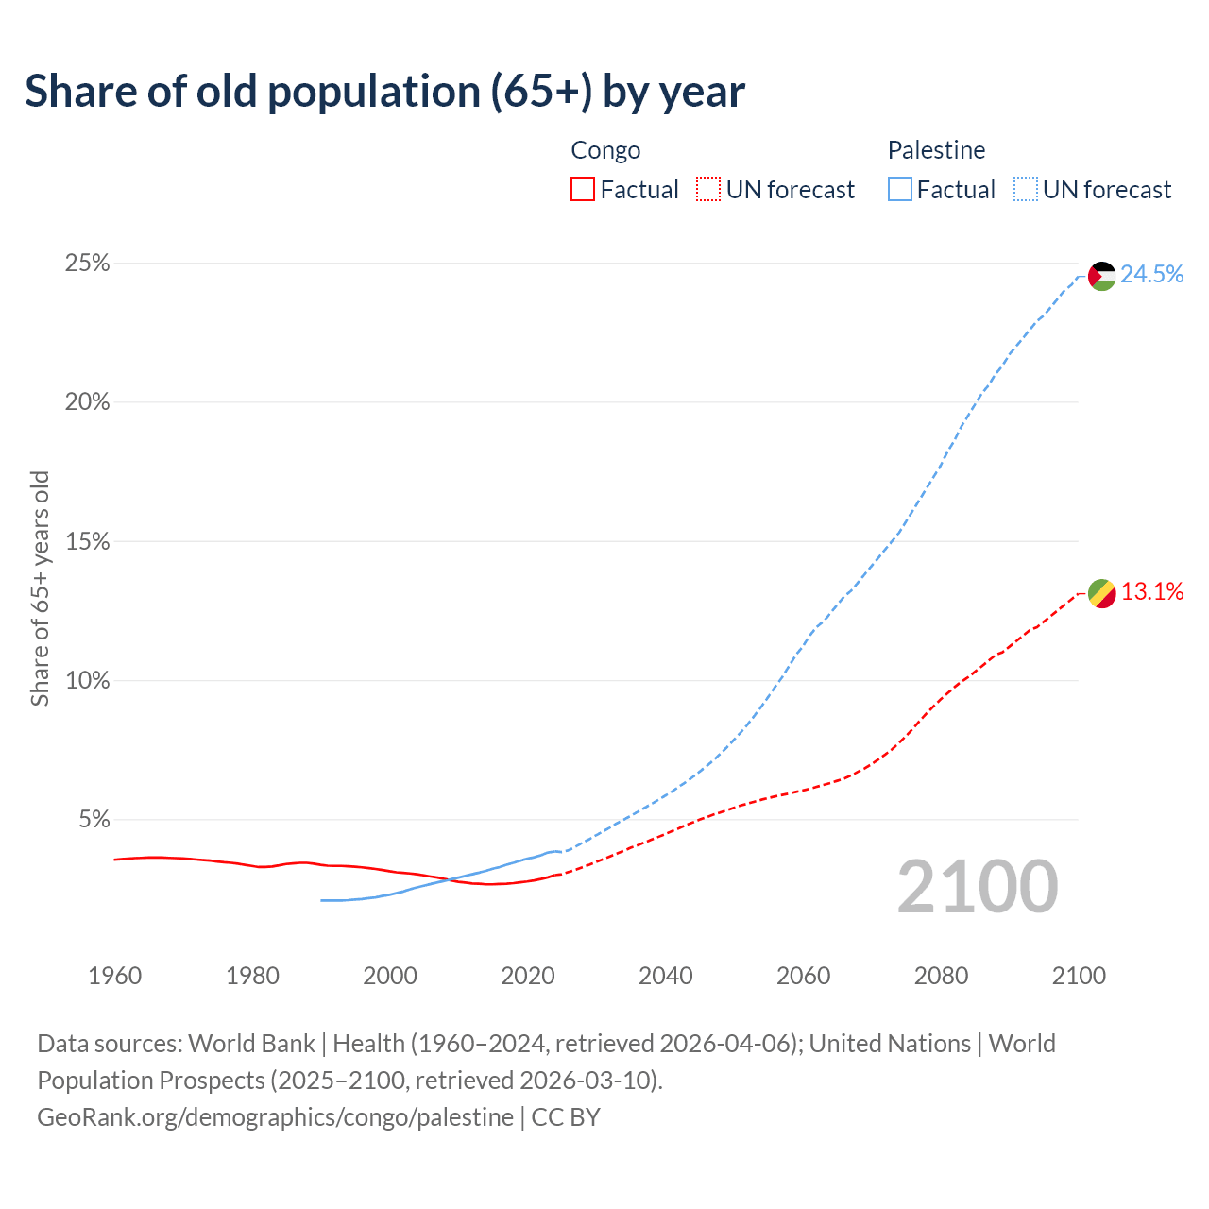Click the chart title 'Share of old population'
(384, 92)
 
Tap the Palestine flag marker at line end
(1102, 276)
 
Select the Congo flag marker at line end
(1102, 593)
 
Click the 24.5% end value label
(1152, 274)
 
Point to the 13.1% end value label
(1152, 592)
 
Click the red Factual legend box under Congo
(583, 190)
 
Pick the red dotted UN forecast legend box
(708, 190)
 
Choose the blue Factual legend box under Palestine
(900, 190)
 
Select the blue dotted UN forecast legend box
(1026, 190)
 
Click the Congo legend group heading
(605, 150)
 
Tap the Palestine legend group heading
(936, 150)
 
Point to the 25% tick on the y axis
(87, 264)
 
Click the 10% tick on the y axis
(87, 681)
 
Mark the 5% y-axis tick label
(94, 820)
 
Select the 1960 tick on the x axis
(114, 976)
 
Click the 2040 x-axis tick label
(666, 976)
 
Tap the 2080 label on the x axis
(941, 976)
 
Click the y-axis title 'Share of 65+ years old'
(40, 587)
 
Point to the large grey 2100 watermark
(978, 887)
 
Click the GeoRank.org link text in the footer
(275, 1117)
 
